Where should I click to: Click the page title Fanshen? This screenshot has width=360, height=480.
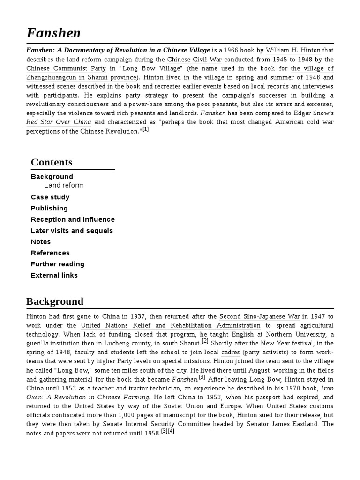tap(53, 33)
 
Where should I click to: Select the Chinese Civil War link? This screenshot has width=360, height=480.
tap(195, 60)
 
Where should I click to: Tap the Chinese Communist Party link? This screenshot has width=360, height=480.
tap(60, 68)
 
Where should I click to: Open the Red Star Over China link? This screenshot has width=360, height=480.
tap(59, 122)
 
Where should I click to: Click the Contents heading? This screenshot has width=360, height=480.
tap(52, 162)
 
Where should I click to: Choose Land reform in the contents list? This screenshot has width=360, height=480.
tap(64, 185)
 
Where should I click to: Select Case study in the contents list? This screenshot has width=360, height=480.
tap(50, 197)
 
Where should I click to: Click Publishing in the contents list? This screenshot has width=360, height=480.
tap(49, 208)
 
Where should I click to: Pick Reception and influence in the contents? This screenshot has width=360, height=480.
tap(73, 219)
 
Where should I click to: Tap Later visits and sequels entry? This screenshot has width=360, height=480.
tap(72, 231)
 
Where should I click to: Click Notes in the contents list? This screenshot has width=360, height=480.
tap(41, 242)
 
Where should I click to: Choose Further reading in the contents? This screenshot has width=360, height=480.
tap(58, 264)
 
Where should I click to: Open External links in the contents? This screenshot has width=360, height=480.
tap(54, 275)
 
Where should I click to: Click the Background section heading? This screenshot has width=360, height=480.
tap(55, 301)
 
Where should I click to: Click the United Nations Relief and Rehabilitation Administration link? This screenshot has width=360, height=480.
tap(171, 325)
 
